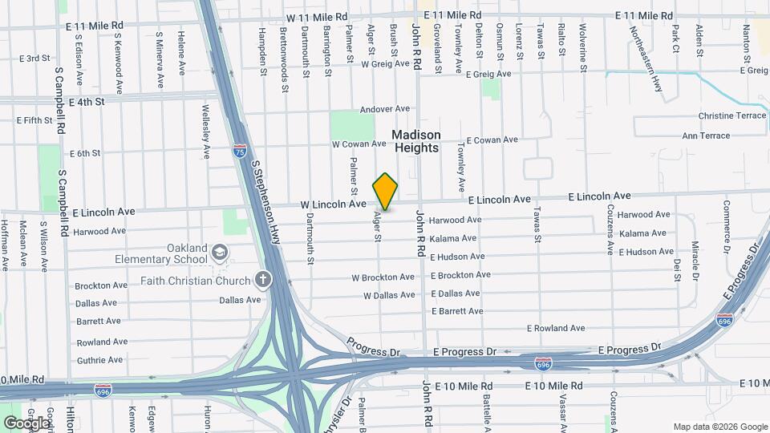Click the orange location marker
pos(385,192)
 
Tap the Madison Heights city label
pos(416,141)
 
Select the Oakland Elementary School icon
pos(218,253)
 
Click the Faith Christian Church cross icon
pos(261,280)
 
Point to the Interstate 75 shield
pos(240,150)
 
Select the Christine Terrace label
pos(732,115)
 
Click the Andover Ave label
pos(385,109)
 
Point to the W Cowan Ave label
pos(359,144)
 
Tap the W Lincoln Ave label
pos(334,204)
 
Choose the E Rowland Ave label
pos(556,328)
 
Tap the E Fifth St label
pos(34,120)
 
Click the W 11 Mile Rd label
pos(318,17)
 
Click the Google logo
pos(26,422)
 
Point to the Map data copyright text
pos(719,426)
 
